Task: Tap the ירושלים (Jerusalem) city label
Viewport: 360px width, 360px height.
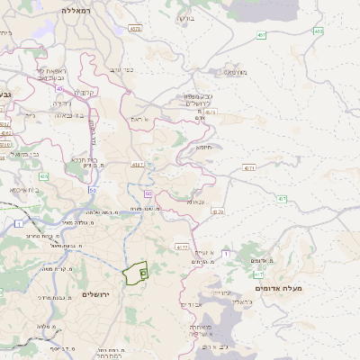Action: [100, 294]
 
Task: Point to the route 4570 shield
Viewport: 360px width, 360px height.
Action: [135, 29]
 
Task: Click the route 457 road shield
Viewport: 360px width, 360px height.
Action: [261, 35]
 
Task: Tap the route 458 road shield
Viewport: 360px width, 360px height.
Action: [318, 31]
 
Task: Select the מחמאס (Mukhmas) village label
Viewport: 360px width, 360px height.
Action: [236, 73]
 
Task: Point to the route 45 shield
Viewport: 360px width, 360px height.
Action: [59, 88]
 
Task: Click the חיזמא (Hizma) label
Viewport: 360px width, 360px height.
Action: [205, 147]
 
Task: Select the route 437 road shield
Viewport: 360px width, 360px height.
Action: [283, 198]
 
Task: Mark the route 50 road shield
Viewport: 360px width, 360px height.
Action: [93, 190]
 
